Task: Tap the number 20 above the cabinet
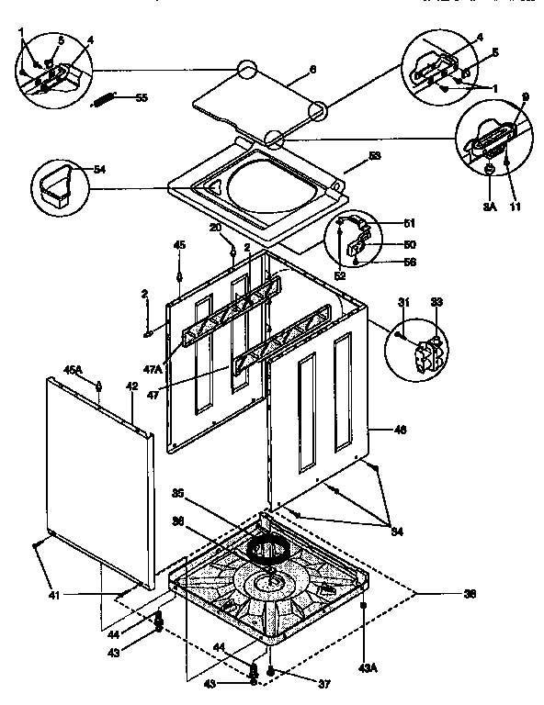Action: (x=214, y=228)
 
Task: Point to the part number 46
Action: (x=399, y=430)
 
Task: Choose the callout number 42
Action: (x=131, y=386)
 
